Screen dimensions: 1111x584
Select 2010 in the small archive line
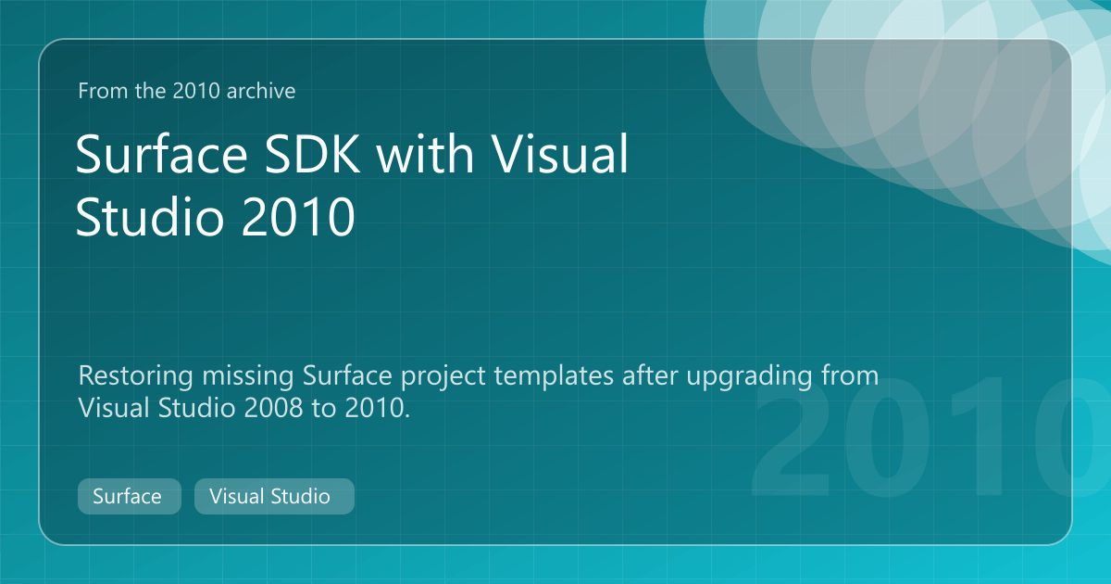point(196,91)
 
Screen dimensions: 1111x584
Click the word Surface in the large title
point(162,155)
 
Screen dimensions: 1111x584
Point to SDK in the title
point(312,155)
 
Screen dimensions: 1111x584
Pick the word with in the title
point(425,154)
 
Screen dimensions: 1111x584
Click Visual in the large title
point(559,154)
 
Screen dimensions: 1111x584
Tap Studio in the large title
point(150,215)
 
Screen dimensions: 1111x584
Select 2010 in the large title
point(298,217)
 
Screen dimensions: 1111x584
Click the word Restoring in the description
point(135,376)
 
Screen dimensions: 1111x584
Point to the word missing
point(248,376)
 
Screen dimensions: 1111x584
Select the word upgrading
point(749,377)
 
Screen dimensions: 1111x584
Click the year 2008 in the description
point(273,408)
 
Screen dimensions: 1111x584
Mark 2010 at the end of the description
point(377,408)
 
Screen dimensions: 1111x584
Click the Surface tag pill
point(130,496)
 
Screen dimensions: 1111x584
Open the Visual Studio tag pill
point(274,496)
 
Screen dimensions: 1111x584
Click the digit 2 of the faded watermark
point(792,437)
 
